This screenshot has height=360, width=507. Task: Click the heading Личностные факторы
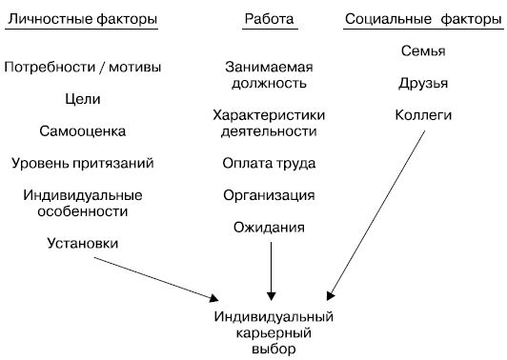tap(83, 19)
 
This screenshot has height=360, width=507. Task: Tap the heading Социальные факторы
tap(421, 19)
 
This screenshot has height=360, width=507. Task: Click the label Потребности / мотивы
tap(83, 68)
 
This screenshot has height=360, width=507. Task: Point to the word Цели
tap(83, 98)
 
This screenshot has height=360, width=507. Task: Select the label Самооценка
tap(83, 130)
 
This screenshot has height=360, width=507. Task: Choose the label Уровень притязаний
tap(83, 163)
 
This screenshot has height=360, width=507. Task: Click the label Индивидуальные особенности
tap(83, 203)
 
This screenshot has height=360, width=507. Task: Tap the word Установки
tap(83, 243)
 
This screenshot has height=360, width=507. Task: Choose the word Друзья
tap(423, 83)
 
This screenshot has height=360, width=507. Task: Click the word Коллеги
tap(423, 115)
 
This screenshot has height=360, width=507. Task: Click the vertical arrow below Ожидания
tap(271, 270)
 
